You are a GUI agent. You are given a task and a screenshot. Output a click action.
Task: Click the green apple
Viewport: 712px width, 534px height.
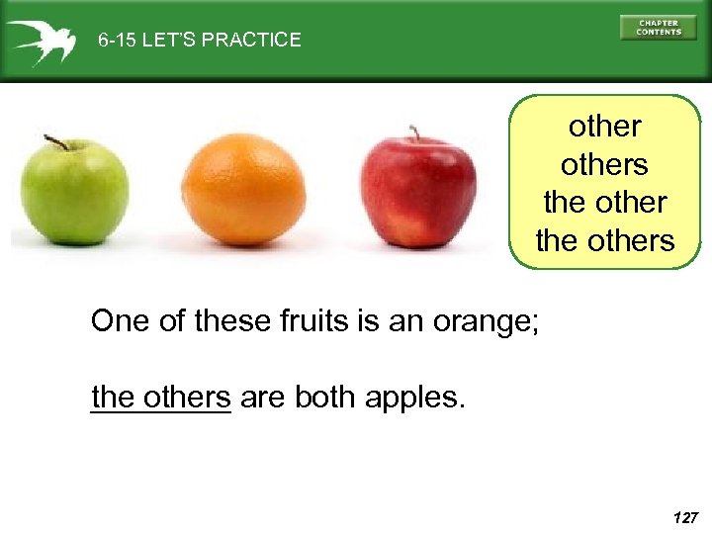coord(74,193)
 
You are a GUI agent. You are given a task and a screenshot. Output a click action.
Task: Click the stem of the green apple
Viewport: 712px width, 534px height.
coord(56,142)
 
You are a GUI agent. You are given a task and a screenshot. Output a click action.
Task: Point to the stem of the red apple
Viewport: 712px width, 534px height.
coord(415,133)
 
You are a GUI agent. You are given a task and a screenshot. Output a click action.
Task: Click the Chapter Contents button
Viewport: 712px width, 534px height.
coord(658,28)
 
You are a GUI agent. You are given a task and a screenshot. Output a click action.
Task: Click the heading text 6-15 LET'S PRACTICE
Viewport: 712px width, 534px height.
coord(199,41)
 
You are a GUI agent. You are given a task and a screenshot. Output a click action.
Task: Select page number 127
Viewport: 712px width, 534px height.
coord(683,517)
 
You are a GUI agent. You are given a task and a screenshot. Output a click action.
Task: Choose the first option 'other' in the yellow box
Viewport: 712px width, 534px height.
coord(604,127)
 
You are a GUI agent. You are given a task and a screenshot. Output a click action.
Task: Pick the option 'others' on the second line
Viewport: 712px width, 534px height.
coord(604,164)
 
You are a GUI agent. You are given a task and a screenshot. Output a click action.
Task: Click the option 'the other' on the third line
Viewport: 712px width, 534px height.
coord(604,202)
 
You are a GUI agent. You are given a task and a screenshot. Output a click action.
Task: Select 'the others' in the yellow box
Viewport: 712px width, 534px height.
coord(604,239)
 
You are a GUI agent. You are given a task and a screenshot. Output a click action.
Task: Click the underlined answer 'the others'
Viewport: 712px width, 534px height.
coord(160,397)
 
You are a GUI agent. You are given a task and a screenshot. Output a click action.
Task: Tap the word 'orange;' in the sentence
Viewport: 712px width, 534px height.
coord(486,321)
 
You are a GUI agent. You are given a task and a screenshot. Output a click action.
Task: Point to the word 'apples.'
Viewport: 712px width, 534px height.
coord(413,398)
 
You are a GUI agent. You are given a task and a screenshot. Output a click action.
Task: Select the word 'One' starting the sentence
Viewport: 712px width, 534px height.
coord(118,321)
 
